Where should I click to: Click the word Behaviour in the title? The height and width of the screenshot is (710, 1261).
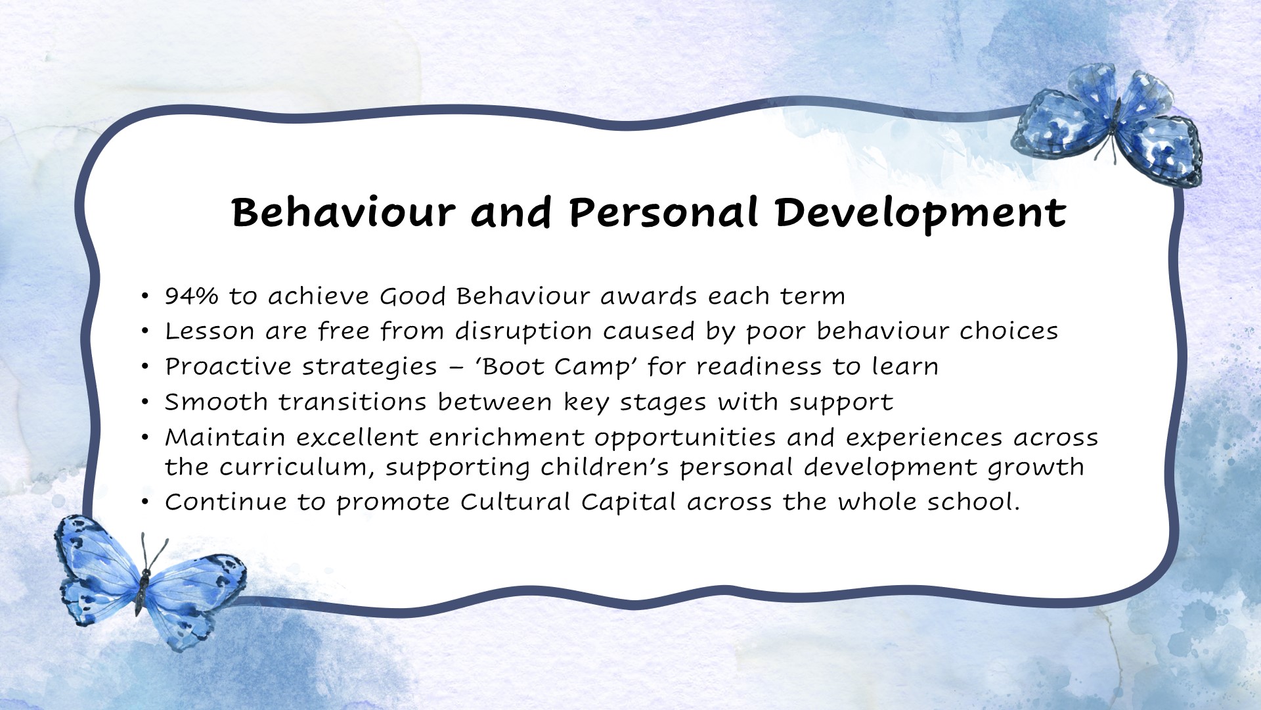click(343, 213)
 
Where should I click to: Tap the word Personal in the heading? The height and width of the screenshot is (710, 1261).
click(663, 213)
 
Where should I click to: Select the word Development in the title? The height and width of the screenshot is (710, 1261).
click(920, 213)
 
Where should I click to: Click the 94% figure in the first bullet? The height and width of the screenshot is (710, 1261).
click(191, 296)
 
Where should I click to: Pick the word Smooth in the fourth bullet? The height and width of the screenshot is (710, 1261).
click(216, 402)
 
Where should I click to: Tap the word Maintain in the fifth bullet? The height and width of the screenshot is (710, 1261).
click(225, 438)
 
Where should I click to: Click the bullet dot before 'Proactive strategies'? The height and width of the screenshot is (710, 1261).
click(145, 367)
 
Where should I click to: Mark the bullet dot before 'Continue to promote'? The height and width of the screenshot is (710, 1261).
click(145, 503)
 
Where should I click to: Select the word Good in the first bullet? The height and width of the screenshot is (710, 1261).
click(413, 296)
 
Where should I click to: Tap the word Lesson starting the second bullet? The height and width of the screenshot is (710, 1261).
click(209, 331)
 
